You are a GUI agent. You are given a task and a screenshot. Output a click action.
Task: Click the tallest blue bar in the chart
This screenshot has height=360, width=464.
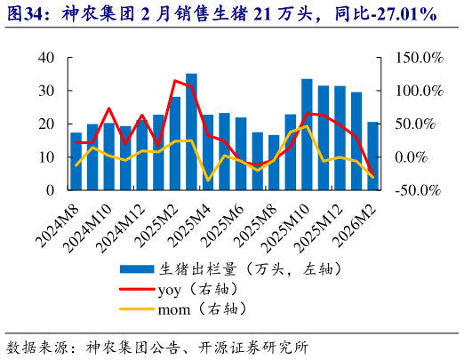click(191, 132)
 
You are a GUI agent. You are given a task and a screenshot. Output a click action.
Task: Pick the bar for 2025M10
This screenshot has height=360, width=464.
click(307, 134)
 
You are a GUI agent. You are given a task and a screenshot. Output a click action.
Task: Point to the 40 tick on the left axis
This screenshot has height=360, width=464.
click(47, 58)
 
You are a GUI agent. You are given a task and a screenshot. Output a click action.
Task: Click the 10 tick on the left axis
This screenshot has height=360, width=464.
click(47, 157)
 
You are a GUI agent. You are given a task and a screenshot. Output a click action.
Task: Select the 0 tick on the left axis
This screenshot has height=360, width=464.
click(51, 190)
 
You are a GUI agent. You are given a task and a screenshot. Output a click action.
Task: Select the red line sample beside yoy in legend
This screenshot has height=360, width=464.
click(138, 289)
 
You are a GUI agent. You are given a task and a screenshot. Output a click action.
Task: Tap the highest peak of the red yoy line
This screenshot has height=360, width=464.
click(175, 81)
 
